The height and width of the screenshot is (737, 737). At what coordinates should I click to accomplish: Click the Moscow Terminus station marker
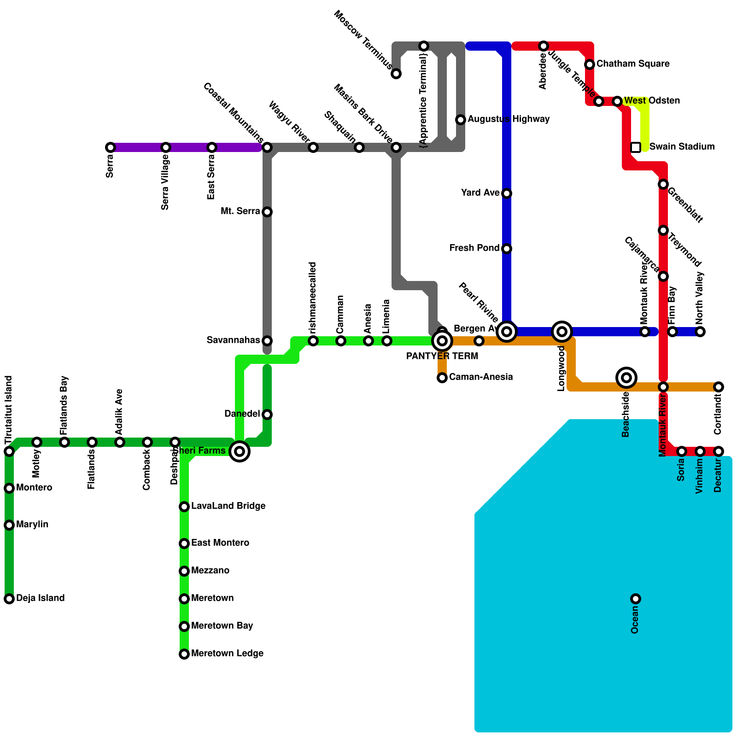point(396,74)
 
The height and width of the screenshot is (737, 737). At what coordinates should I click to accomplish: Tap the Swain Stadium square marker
point(636,147)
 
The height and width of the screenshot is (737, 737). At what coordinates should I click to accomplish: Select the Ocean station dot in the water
point(636,599)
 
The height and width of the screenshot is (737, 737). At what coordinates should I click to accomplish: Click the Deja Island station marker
point(9,599)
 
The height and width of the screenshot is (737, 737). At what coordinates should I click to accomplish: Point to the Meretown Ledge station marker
point(184,654)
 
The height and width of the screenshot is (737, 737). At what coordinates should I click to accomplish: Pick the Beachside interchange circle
point(626,378)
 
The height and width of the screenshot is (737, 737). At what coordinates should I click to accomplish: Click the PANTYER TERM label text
point(442,356)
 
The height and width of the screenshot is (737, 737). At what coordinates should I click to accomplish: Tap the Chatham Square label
point(633,64)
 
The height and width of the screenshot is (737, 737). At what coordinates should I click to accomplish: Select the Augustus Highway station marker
point(461,120)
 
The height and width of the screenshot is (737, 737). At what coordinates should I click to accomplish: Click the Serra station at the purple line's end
point(111,147)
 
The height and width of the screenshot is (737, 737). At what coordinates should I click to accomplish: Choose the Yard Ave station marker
point(507,193)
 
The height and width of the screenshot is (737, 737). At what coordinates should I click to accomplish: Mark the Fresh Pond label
point(474,248)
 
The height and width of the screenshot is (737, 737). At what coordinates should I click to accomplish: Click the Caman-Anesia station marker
point(442,378)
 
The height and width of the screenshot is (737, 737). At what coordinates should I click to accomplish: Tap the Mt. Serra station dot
point(267,212)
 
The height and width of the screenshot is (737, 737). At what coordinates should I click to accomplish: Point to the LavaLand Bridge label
point(228,506)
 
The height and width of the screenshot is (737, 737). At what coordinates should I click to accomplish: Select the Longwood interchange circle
point(562,332)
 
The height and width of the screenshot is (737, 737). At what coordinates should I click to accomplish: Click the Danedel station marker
point(267,415)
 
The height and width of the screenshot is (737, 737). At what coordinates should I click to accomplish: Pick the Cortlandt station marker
point(719,387)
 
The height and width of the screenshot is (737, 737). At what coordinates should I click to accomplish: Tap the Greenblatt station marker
point(663,184)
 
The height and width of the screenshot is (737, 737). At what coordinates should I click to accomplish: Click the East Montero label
point(220,543)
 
